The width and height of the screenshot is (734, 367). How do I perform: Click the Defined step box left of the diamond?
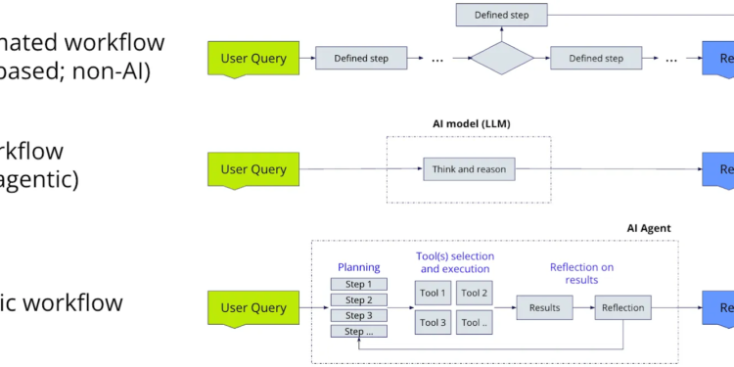(x=360, y=59)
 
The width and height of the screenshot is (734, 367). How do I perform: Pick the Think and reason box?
(x=469, y=169)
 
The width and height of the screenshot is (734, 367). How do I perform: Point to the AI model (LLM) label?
(x=472, y=123)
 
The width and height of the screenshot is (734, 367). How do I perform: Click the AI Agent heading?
(x=649, y=228)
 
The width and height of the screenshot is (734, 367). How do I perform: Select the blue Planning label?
(x=358, y=266)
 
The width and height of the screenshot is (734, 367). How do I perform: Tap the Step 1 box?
(x=359, y=284)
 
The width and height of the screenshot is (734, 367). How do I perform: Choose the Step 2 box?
(x=359, y=299)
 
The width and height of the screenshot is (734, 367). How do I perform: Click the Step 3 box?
(x=359, y=315)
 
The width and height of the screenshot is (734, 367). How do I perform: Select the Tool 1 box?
(x=433, y=293)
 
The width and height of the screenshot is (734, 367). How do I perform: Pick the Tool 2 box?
(x=474, y=293)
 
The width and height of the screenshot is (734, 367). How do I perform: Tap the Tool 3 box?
(x=433, y=322)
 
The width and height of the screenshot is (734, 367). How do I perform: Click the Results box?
(x=544, y=307)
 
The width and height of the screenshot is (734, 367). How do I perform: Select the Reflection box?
(x=622, y=307)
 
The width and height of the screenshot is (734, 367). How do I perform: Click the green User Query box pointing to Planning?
(x=253, y=307)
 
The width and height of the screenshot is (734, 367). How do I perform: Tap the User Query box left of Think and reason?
(x=253, y=169)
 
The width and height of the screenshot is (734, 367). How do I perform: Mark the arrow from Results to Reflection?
(x=583, y=307)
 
